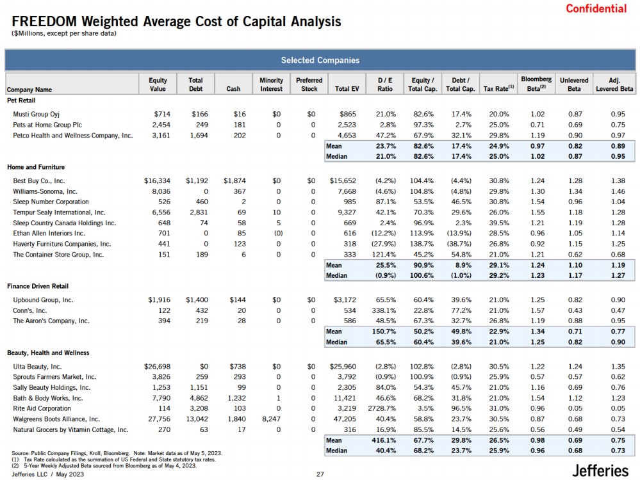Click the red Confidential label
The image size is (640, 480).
point(596,8)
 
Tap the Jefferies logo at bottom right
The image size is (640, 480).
point(600,470)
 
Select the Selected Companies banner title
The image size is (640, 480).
point(320,60)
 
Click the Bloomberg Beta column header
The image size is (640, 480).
point(536,84)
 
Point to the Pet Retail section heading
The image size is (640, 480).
point(21,100)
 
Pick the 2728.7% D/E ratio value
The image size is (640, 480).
point(379,408)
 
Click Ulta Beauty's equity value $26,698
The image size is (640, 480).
point(156,367)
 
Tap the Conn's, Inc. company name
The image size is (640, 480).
point(30,310)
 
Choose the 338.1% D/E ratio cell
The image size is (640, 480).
point(382,310)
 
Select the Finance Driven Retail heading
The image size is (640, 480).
point(38,286)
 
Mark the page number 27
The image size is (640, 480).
point(320,475)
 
